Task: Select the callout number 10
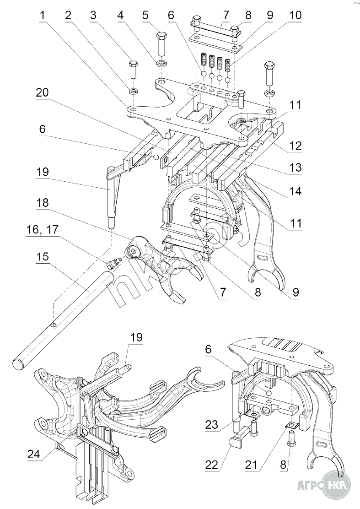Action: click(295, 16)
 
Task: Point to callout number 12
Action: click(295, 146)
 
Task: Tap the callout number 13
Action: click(295, 168)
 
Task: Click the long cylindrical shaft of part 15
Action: click(59, 316)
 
